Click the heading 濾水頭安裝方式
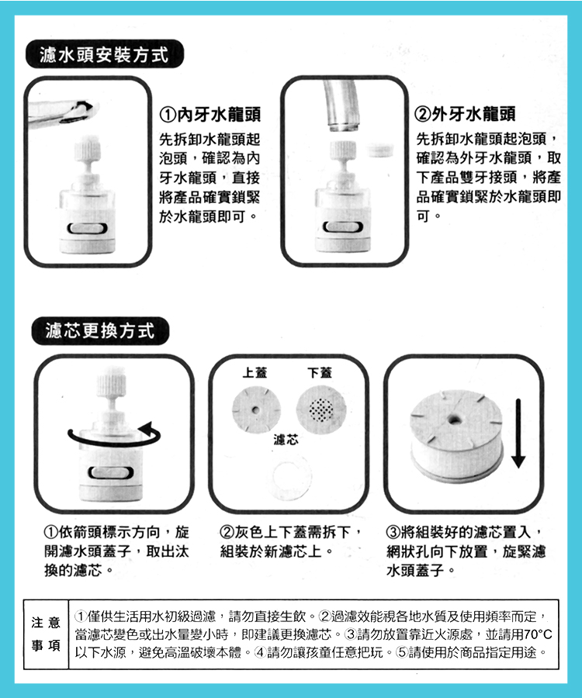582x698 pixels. click(x=104, y=55)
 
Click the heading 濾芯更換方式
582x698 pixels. click(x=100, y=330)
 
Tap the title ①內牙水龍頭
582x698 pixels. click(x=210, y=115)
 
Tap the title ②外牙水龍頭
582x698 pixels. click(x=465, y=114)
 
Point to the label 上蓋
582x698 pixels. click(x=255, y=372)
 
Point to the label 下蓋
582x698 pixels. click(x=320, y=372)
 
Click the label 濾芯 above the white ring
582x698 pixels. click(x=286, y=441)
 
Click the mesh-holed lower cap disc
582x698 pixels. click(x=321, y=409)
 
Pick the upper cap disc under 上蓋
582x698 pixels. click(x=256, y=409)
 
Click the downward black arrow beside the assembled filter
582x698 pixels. click(x=518, y=433)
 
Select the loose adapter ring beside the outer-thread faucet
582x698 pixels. click(x=381, y=150)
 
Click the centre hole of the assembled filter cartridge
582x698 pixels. click(x=454, y=419)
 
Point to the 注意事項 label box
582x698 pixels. click(x=46, y=634)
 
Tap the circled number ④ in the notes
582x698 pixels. click(x=260, y=652)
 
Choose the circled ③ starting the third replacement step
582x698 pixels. click(x=393, y=532)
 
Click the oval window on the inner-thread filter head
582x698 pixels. click(x=87, y=228)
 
